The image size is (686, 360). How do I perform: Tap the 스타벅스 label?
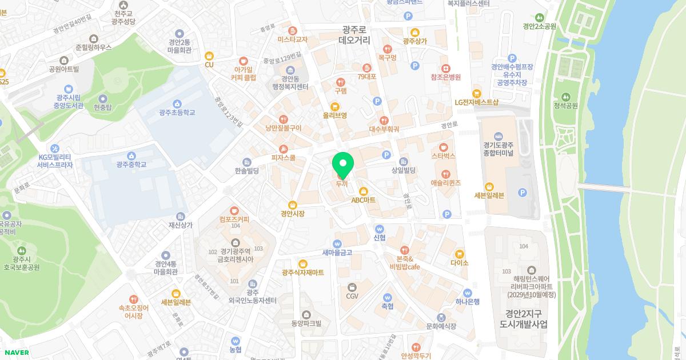click(x=443, y=155)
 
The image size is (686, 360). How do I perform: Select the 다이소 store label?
click(x=459, y=263)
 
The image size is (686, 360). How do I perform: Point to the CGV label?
click(x=352, y=295)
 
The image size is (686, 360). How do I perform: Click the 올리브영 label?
click(x=334, y=115)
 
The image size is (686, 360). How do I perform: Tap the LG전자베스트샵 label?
click(x=476, y=102)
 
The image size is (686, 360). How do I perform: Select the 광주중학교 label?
click(x=131, y=164)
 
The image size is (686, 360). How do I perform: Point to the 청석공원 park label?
click(x=565, y=105)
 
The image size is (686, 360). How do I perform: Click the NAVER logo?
click(x=16, y=353)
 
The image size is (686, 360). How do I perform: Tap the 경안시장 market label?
click(x=292, y=213)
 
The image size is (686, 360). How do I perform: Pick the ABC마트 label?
click(x=363, y=200)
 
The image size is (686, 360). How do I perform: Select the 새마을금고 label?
click(x=337, y=252)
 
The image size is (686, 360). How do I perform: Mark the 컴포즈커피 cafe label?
click(x=234, y=218)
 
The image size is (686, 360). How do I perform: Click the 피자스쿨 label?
click(x=283, y=157)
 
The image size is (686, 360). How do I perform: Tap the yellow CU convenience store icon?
click(x=209, y=56)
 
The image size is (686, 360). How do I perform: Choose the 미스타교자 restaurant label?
click(x=292, y=39)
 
